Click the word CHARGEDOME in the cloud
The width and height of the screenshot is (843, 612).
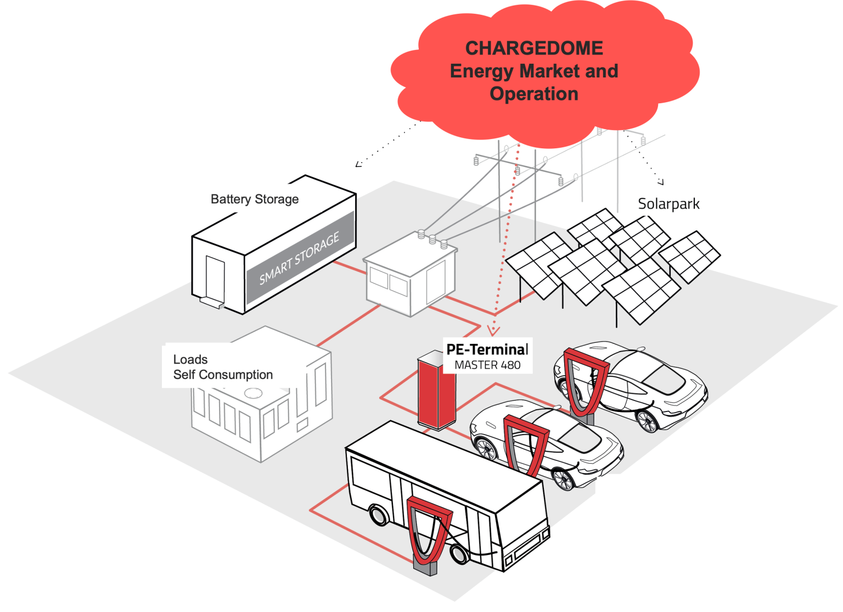click(x=534, y=48)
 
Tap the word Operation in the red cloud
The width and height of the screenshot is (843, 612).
click(x=534, y=94)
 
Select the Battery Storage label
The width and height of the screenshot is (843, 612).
click(x=255, y=199)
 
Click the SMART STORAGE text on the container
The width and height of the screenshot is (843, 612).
click(x=299, y=258)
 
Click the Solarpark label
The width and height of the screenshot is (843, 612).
click(x=668, y=204)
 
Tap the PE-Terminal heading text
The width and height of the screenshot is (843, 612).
click(x=487, y=349)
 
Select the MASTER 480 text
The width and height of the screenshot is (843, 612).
click(x=487, y=365)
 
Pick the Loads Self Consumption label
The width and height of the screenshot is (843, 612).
click(x=222, y=367)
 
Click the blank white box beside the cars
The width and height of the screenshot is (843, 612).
click(x=650, y=494)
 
